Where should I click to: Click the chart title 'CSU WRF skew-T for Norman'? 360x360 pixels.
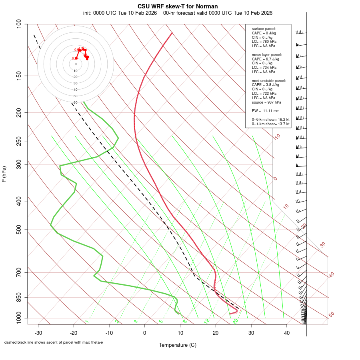[178, 6]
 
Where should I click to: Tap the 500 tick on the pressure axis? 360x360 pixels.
[19, 230]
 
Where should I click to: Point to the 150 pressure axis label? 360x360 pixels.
[19, 76]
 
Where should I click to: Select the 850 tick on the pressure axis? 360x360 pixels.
[19, 297]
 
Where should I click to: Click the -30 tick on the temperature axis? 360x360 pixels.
[38, 333]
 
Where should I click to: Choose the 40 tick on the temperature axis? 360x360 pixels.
[286, 333]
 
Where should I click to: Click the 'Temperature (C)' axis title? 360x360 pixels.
[178, 345]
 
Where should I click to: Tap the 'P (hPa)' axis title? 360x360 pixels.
[4, 174]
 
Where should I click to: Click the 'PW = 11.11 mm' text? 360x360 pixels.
[266, 110]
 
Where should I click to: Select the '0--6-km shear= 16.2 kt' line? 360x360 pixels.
[270, 119]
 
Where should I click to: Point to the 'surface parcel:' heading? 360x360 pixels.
[264, 29]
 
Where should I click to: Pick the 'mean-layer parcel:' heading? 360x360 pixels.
[267, 54]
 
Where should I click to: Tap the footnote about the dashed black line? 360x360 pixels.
[54, 342]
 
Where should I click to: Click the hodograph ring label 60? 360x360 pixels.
[76, 102]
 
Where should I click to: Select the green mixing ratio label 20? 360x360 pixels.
[236, 321]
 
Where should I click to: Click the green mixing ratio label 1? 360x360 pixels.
[86, 322]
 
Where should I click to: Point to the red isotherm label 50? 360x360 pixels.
[331, 314]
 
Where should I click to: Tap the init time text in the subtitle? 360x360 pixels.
[120, 13]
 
